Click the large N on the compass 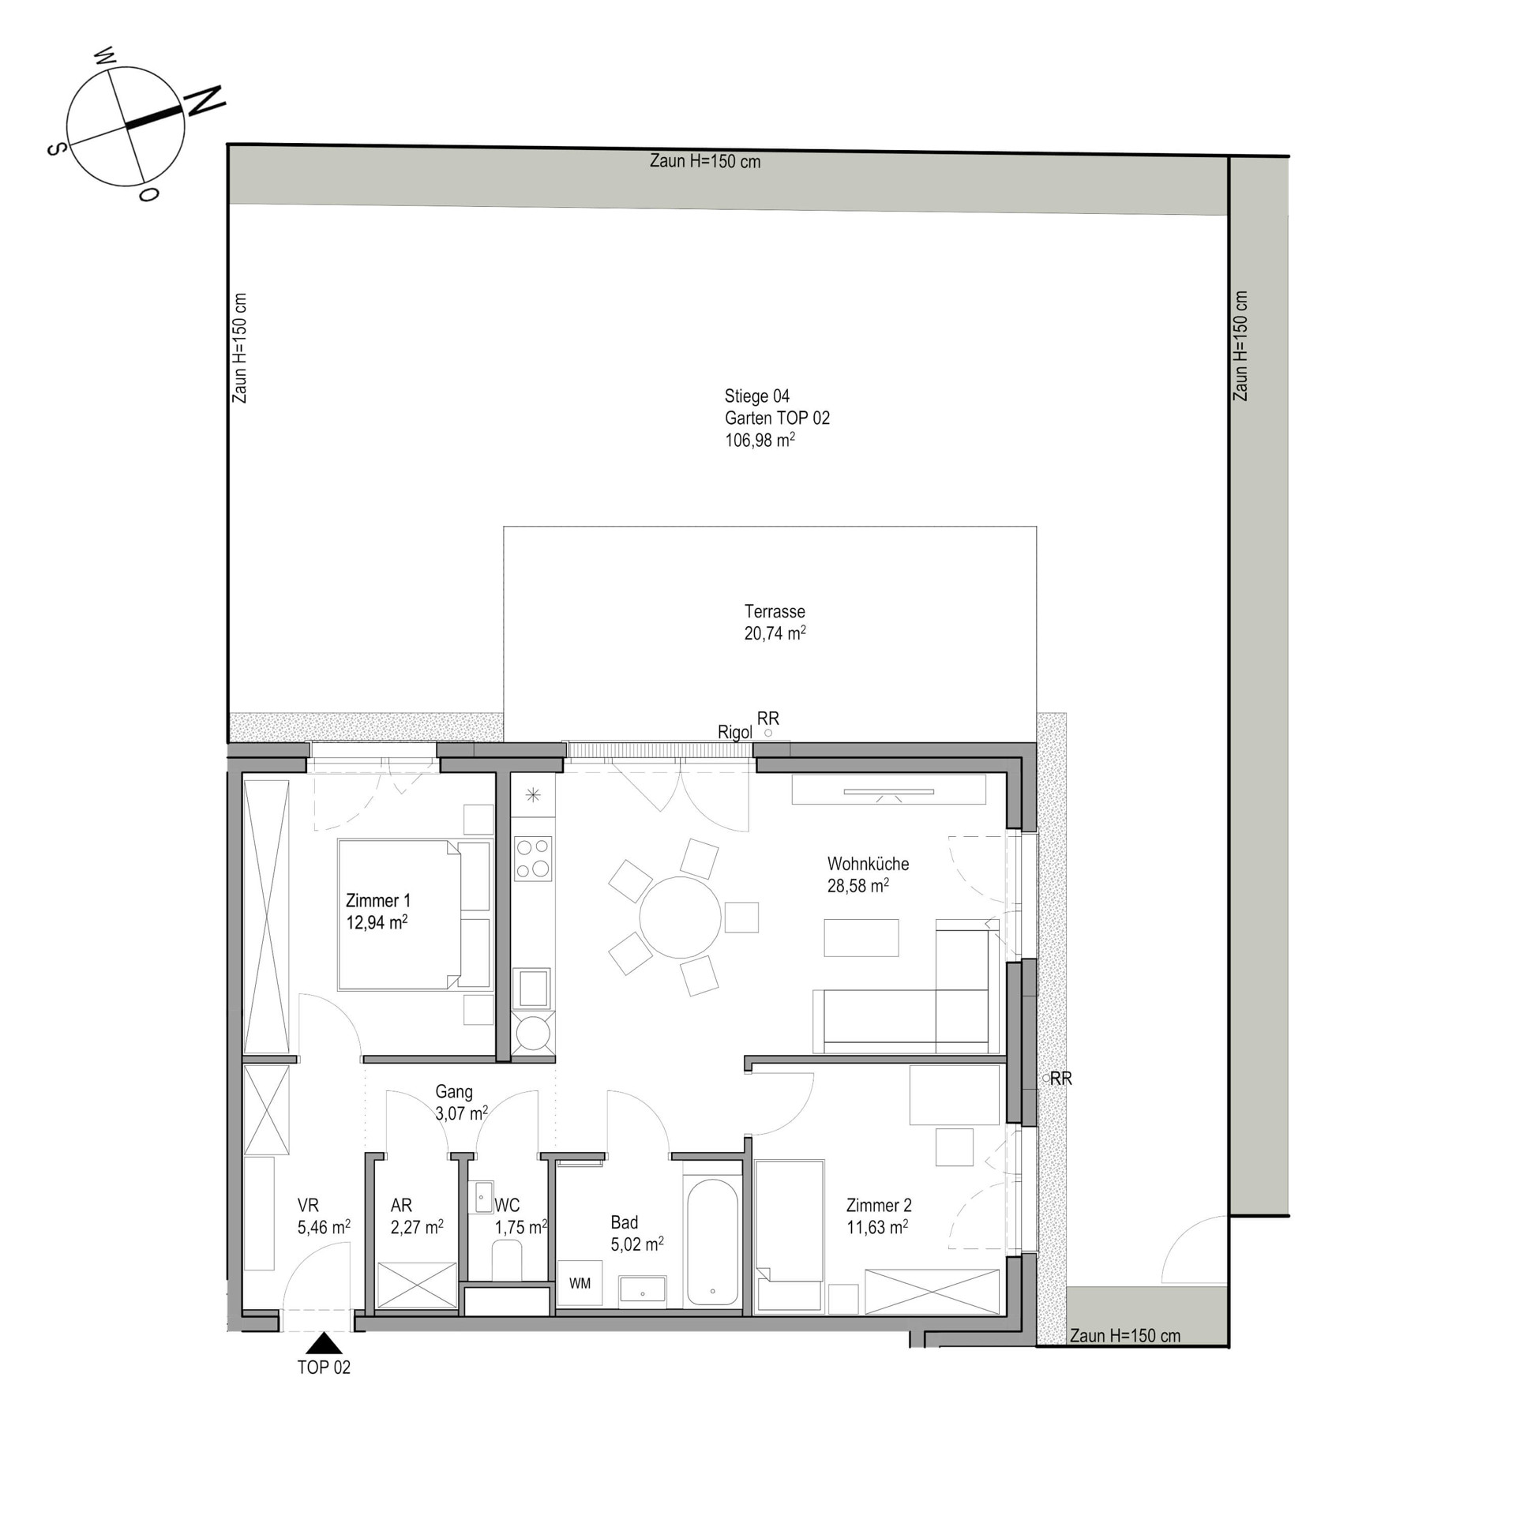tap(205, 101)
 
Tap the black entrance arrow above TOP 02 tap(323, 1343)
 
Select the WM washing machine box tap(580, 1283)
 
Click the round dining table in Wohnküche tap(680, 917)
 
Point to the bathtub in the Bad tap(712, 1242)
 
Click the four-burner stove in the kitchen tap(533, 858)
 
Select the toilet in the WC tap(507, 1260)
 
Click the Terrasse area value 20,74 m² tap(775, 633)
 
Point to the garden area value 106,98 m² tap(760, 440)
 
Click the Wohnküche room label tap(868, 864)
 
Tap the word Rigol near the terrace tap(734, 733)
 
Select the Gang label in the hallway tap(454, 1092)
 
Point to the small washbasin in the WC tap(483, 1197)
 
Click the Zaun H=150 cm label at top tap(705, 161)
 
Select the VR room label tap(308, 1206)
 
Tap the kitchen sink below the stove tap(533, 988)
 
